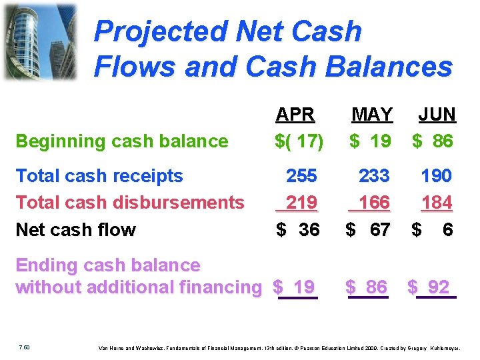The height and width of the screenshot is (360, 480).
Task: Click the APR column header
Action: (x=295, y=115)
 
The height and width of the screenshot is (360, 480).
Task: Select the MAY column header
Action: (x=372, y=115)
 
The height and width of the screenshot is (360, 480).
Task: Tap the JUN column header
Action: (x=437, y=115)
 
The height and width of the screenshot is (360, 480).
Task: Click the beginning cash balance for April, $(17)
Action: (x=299, y=141)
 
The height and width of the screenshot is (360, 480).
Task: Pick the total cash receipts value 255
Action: (x=302, y=176)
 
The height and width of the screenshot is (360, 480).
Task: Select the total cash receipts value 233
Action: (x=374, y=176)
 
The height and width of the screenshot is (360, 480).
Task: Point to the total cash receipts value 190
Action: (x=437, y=176)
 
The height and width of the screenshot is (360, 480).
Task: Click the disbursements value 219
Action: (x=301, y=202)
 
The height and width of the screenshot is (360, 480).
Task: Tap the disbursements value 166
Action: (x=374, y=202)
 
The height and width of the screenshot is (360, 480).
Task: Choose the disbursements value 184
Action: (x=437, y=202)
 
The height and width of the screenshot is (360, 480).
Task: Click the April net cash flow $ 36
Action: (x=298, y=230)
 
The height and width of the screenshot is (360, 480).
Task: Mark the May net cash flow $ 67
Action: (x=367, y=230)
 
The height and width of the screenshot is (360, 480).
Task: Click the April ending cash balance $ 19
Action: (x=295, y=287)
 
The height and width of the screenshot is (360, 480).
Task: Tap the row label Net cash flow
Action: (x=75, y=230)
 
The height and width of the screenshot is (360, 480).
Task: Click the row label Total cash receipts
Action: (x=99, y=176)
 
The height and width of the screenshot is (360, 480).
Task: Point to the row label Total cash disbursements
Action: (x=129, y=202)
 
